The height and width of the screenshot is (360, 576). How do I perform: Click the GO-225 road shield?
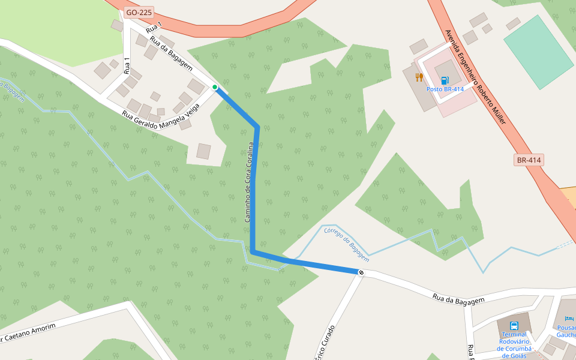click(x=139, y=12)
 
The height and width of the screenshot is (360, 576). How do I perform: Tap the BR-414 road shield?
click(x=529, y=160)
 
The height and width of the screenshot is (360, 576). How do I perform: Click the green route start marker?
click(x=215, y=87)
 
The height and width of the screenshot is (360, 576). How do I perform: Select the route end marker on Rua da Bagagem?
click(x=361, y=273)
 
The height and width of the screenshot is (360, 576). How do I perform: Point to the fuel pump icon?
click(x=445, y=80)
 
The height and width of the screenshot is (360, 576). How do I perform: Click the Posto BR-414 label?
click(x=445, y=89)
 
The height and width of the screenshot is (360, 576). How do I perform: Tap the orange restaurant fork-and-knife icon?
click(x=419, y=77)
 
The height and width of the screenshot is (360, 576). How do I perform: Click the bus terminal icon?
click(x=514, y=325)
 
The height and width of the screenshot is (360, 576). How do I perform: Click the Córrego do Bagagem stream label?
click(x=347, y=244)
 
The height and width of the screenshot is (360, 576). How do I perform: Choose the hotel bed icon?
click(x=569, y=319)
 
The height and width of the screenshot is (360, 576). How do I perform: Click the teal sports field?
click(x=538, y=52)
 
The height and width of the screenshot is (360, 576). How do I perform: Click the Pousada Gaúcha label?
click(x=566, y=331)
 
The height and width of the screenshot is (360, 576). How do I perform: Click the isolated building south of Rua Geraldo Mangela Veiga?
click(x=204, y=151)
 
